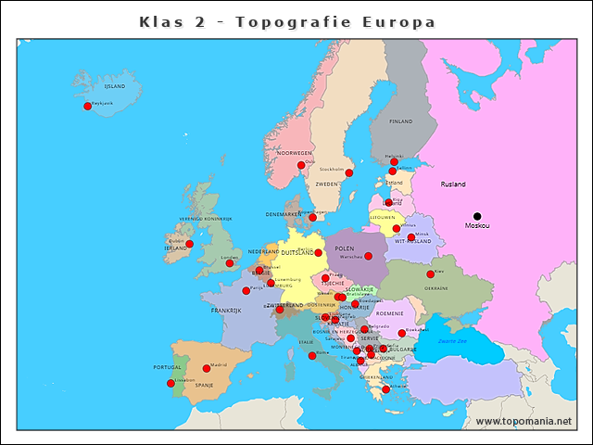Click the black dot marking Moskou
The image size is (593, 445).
(477, 216)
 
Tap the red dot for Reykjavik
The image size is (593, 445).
(88, 106)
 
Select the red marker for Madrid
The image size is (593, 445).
(207, 368)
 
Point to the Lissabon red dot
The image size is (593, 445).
(170, 383)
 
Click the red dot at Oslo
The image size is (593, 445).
(300, 165)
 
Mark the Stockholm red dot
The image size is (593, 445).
(349, 172)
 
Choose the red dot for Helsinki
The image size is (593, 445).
(394, 161)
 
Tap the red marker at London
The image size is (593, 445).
(230, 263)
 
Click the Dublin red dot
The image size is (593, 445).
(190, 244)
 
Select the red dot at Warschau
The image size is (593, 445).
(368, 256)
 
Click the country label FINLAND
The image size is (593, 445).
(400, 121)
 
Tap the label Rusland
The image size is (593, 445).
(453, 184)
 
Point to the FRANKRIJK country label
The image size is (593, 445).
(226, 311)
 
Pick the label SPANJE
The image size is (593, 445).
(204, 385)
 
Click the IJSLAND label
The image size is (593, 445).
(115, 86)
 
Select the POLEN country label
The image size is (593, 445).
(345, 248)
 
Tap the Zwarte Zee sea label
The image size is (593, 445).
(453, 342)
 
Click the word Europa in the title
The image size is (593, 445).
(400, 21)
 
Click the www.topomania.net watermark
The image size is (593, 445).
(524, 422)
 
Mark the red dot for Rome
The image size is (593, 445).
(312, 355)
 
